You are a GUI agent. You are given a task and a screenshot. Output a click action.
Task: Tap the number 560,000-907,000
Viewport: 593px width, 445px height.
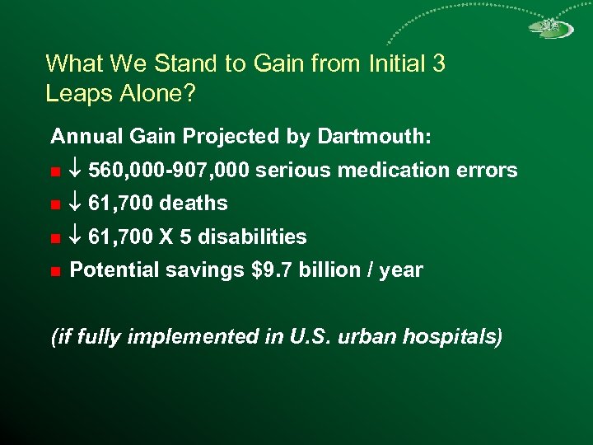tap(169, 171)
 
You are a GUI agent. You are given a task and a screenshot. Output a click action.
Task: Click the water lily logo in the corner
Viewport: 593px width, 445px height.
tap(551, 27)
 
